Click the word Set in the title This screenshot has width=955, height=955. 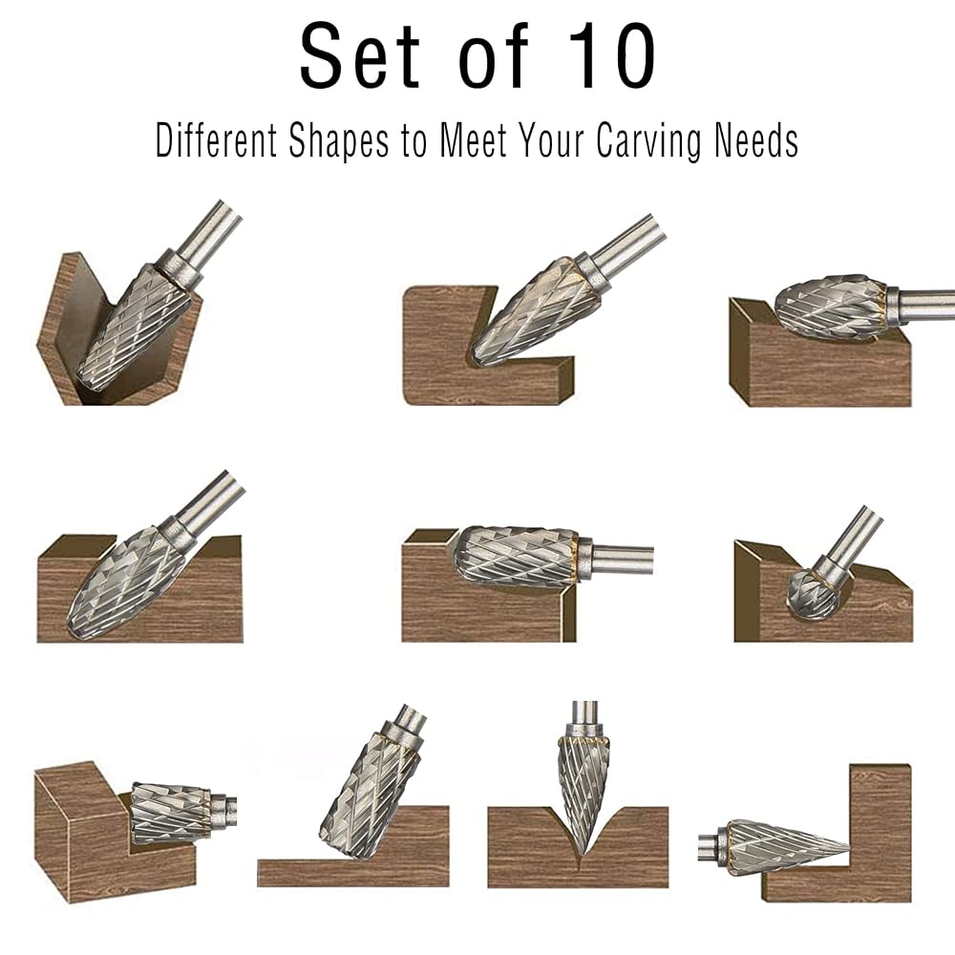pyautogui.click(x=360, y=56)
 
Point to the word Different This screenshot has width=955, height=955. pyautogui.click(x=216, y=139)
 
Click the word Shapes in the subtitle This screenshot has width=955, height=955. pyautogui.click(x=339, y=141)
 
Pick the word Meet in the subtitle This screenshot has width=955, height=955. pyautogui.click(x=473, y=140)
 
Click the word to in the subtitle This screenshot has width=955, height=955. pyautogui.click(x=414, y=141)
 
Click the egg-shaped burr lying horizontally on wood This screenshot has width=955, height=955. pyautogui.click(x=832, y=307)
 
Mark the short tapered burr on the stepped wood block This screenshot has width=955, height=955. pyautogui.click(x=172, y=813)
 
